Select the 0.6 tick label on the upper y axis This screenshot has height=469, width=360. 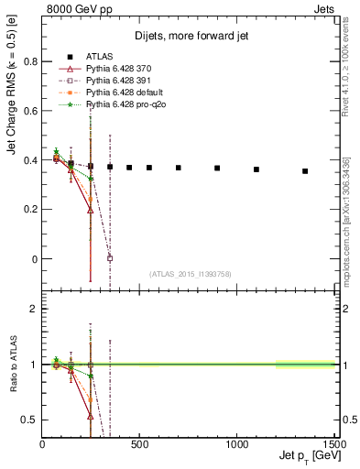[x=28, y=112]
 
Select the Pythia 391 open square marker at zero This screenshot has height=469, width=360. [x=110, y=258]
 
